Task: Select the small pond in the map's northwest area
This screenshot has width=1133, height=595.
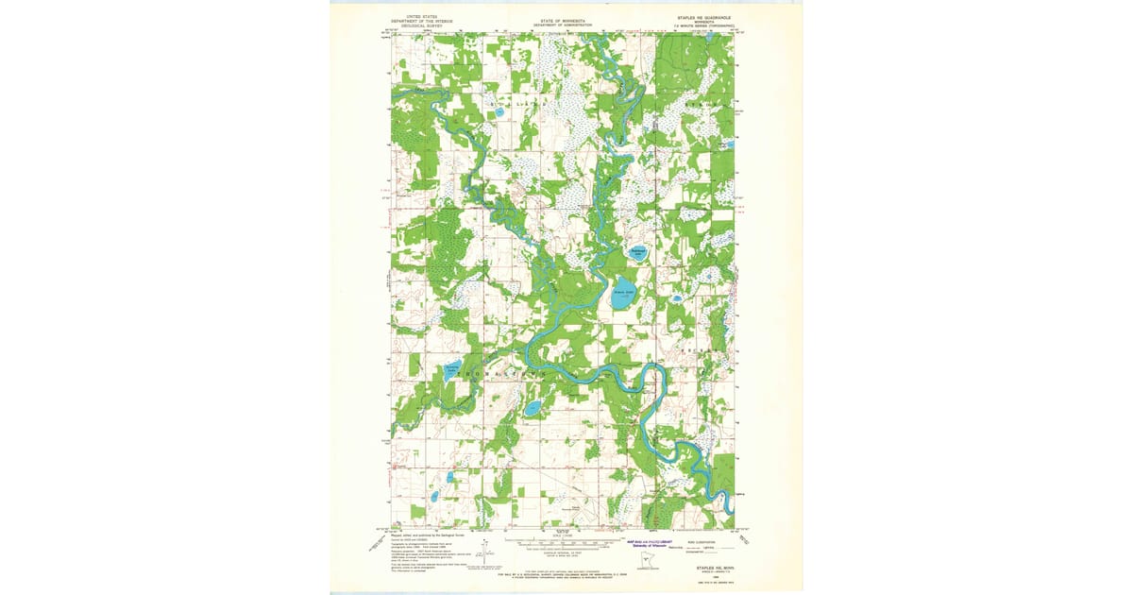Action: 498,112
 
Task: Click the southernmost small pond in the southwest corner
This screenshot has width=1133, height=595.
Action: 433,497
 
